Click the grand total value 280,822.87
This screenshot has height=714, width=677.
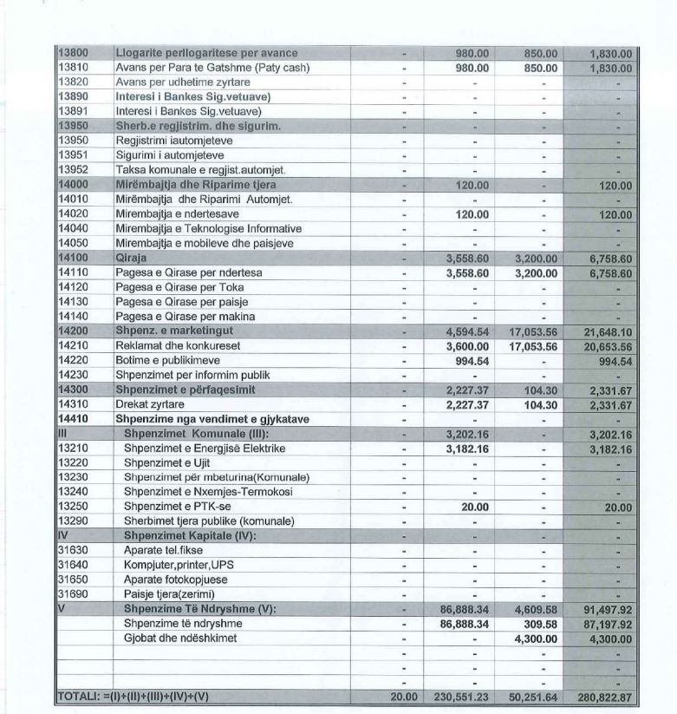tap(603, 697)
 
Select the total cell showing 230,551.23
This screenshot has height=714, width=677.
tap(461, 697)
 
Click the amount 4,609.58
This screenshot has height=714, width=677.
tap(531, 609)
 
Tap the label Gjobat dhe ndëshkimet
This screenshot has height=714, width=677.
tap(181, 638)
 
